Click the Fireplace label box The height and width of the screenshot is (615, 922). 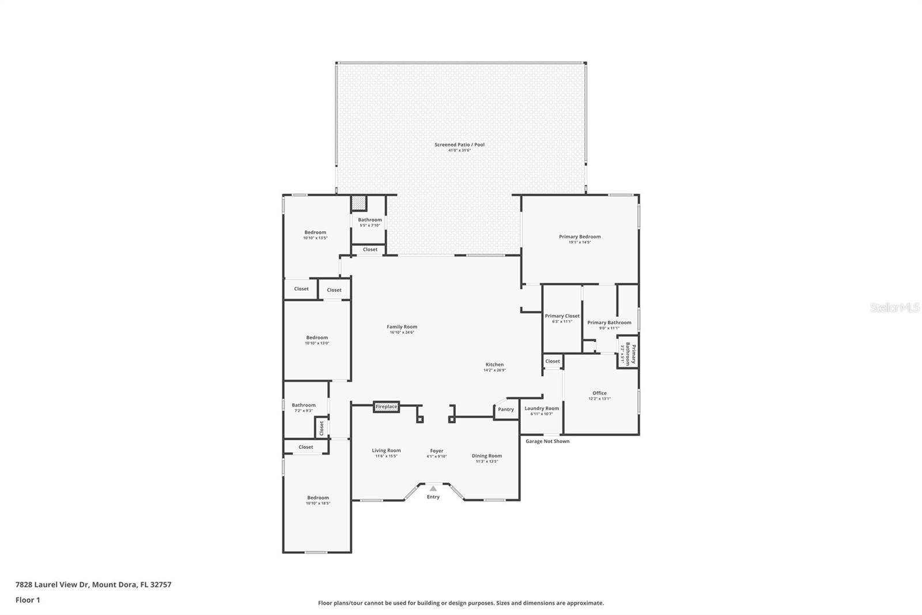[386, 407]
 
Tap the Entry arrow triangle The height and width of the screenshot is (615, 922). [433, 489]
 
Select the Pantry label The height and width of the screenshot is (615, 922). [506, 410]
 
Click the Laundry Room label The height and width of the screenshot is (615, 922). [542, 408]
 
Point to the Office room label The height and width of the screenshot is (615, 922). [599, 393]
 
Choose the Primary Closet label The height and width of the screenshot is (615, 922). [562, 316]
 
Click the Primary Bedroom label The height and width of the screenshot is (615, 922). [580, 237]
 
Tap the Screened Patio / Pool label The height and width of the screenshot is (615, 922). [459, 145]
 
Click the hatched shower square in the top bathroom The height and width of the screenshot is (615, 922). [359, 203]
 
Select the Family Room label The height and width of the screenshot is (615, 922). [402, 327]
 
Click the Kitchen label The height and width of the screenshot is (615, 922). [494, 365]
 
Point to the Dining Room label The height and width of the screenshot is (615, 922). [487, 456]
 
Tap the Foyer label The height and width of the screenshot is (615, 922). [436, 451]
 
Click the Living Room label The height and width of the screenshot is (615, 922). [386, 451]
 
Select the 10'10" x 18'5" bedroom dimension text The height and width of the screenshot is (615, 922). [318, 504]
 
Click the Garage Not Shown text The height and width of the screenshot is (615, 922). [547, 441]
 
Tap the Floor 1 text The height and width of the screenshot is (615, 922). [28, 600]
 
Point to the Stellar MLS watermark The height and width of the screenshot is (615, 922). [894, 308]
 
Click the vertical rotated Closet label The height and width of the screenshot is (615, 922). [322, 428]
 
